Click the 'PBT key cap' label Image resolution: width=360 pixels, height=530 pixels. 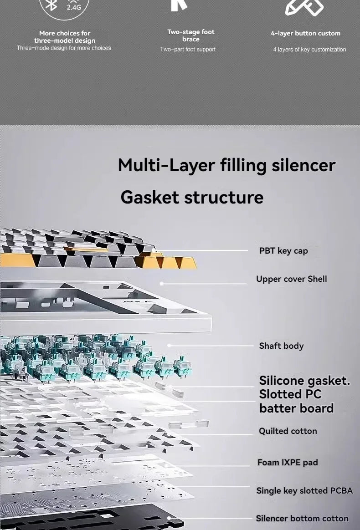point(283,251)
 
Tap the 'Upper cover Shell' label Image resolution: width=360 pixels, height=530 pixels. point(291,279)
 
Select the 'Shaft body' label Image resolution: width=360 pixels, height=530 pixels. point(281,346)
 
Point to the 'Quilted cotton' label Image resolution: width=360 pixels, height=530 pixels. point(288,431)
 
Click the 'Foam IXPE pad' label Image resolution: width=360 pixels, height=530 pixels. point(288,462)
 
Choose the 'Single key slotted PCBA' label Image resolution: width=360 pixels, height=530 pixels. point(304,490)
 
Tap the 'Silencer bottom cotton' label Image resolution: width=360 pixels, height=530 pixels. point(302,518)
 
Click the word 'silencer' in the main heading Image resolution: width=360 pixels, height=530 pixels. point(303,165)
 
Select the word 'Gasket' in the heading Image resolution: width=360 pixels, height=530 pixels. point(150,197)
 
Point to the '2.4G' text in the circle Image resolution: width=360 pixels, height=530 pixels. point(73,7)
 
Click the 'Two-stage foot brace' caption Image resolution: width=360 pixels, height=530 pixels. point(191,36)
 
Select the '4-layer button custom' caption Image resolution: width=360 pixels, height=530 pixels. point(305,33)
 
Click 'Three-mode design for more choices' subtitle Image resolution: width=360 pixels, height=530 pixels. point(64,48)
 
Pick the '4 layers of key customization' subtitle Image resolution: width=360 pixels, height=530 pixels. point(309,49)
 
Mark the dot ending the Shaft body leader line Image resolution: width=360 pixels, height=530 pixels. point(169,346)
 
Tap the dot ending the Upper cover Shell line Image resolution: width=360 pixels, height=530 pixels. point(162,284)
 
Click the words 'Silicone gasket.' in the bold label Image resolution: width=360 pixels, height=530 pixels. point(304,381)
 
